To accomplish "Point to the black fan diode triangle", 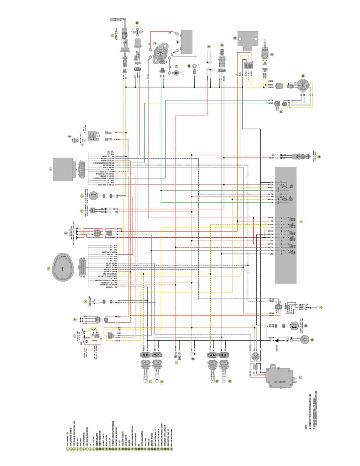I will [268, 340].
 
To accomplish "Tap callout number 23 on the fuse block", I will [301, 221].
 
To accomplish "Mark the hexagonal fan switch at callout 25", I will [294, 326].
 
